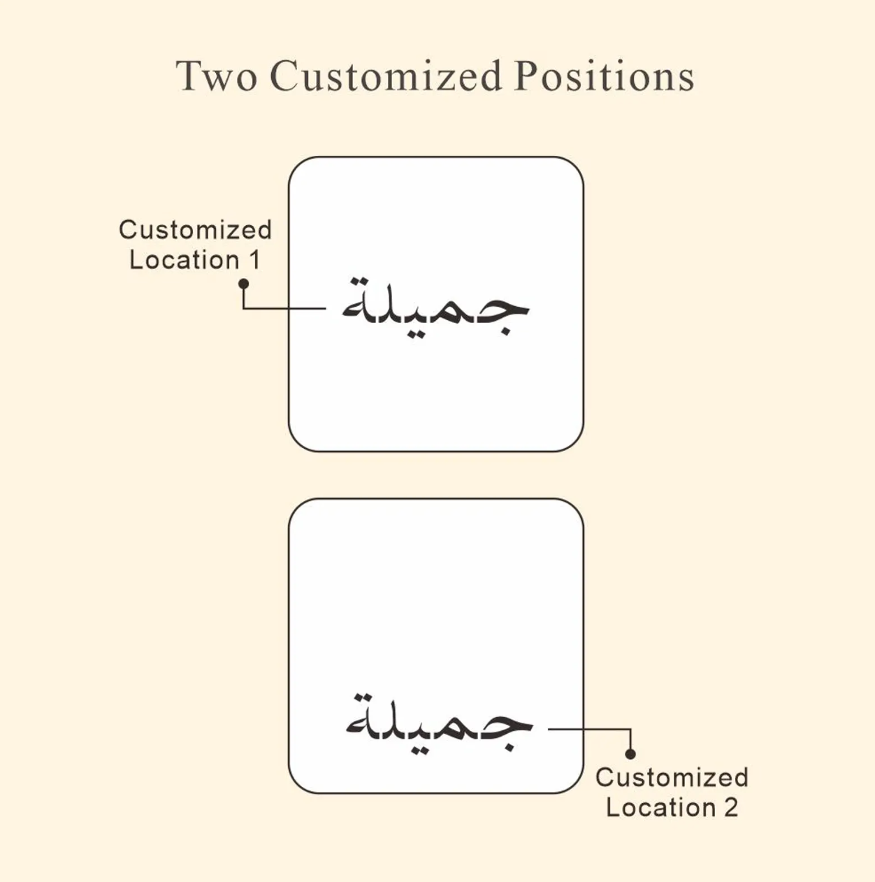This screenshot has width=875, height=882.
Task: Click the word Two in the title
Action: point(217,76)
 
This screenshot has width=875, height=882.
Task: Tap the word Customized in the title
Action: point(386,75)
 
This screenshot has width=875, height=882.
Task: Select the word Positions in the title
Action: point(605,75)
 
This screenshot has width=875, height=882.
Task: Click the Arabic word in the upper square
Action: point(435,308)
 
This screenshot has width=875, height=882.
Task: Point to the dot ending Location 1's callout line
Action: point(244,284)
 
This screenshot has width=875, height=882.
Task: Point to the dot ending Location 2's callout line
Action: point(630,754)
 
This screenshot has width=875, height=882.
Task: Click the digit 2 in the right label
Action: point(731,807)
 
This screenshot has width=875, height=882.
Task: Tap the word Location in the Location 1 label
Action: point(185,260)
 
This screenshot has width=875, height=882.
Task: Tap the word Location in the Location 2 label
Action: point(661,807)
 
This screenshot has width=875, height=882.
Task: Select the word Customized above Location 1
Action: point(196,229)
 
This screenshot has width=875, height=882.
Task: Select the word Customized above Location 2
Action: point(672,777)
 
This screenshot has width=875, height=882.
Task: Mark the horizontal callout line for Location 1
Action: point(284,308)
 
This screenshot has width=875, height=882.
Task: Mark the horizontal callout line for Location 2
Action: point(589,729)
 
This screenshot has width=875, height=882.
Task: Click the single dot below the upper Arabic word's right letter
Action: point(506,331)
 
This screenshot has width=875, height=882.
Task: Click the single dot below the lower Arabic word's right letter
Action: point(509,747)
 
